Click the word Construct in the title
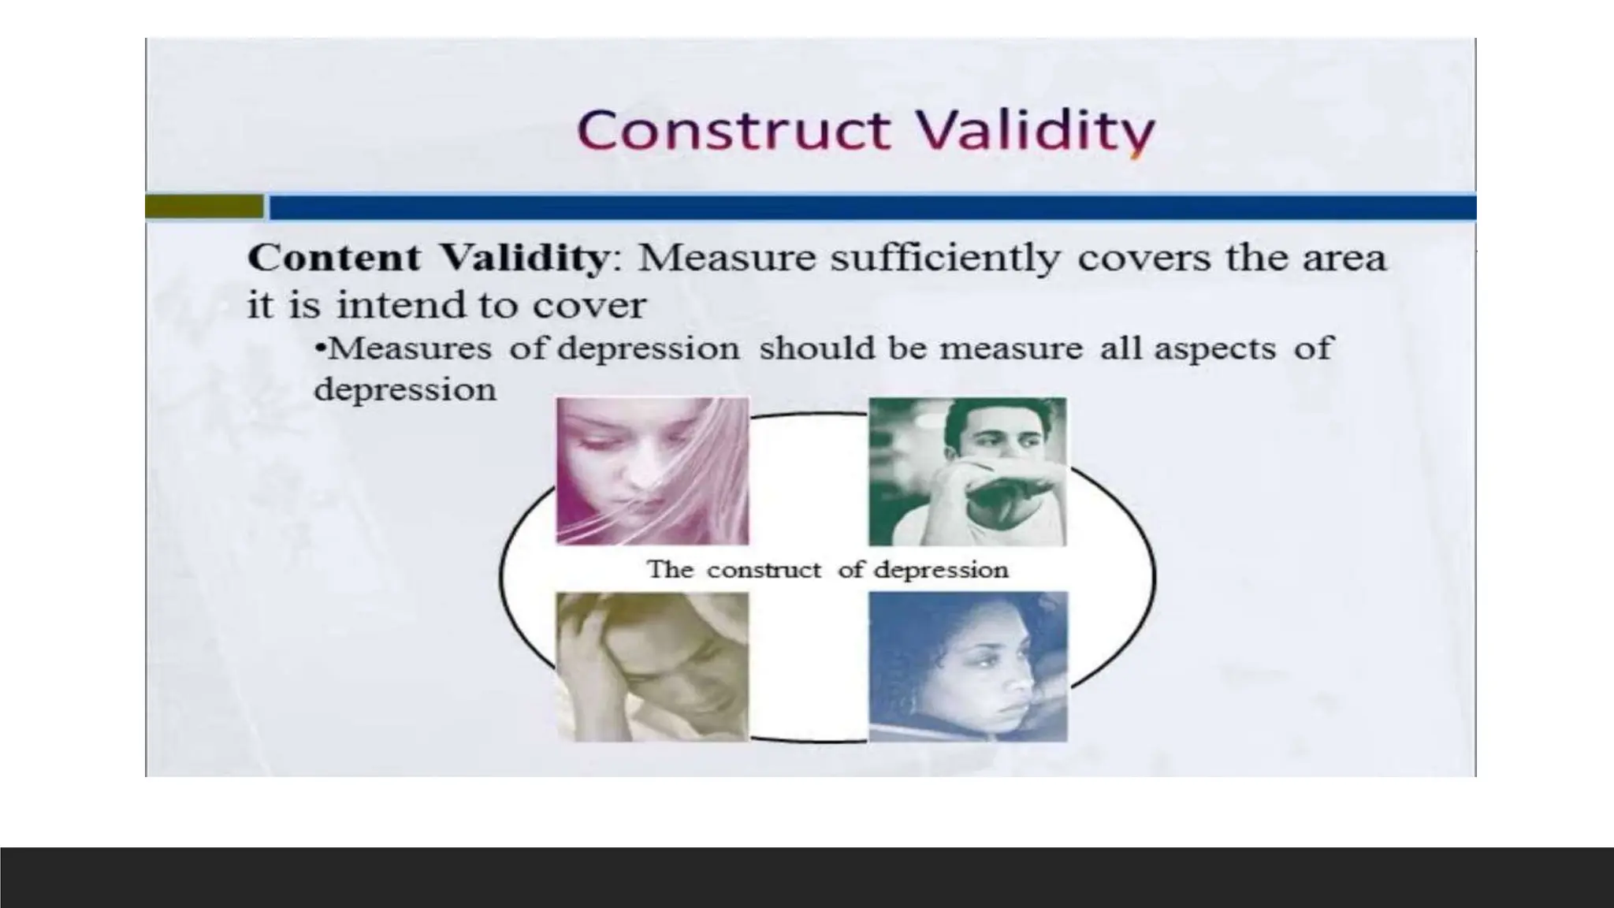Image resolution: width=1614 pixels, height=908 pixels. click(x=734, y=130)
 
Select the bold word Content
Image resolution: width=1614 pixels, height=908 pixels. click(x=334, y=259)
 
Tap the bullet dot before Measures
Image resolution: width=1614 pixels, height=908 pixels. click(x=320, y=348)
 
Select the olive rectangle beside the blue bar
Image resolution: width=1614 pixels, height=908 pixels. click(x=204, y=207)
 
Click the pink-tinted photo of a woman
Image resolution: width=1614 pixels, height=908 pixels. click(x=653, y=471)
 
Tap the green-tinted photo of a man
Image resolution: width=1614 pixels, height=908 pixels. click(x=967, y=471)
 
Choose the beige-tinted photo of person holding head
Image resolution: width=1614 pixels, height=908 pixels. click(x=653, y=666)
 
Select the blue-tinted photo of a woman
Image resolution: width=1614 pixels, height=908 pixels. click(x=968, y=666)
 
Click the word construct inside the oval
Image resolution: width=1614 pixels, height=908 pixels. click(x=763, y=570)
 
